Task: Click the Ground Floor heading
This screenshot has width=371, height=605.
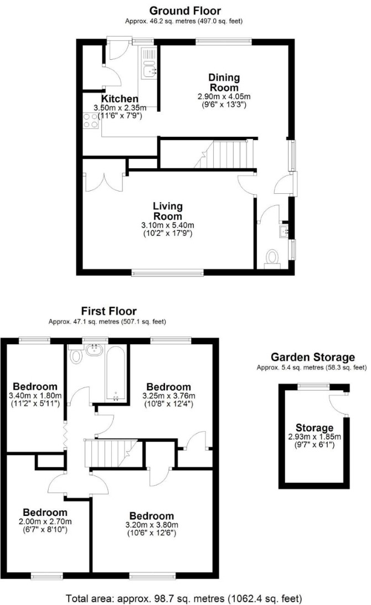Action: (x=185, y=11)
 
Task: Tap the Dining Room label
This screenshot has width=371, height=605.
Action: (x=224, y=82)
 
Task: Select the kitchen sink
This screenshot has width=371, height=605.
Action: (x=148, y=63)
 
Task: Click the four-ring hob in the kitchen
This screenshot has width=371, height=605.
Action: (x=91, y=120)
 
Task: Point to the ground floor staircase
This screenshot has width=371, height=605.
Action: (x=223, y=154)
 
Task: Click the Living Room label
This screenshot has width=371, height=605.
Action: (x=168, y=211)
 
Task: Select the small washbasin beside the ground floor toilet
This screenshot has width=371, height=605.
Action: (x=284, y=231)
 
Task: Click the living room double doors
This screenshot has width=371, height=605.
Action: (x=104, y=182)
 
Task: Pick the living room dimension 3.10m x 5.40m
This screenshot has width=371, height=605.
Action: (x=168, y=225)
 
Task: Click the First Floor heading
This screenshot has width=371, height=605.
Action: (x=109, y=311)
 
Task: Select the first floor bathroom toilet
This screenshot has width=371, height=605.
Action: (x=76, y=354)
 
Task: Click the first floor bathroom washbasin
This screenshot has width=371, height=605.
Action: (x=94, y=350)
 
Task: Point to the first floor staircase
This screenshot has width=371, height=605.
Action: (x=111, y=453)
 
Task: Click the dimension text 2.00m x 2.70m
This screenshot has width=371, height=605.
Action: (x=45, y=521)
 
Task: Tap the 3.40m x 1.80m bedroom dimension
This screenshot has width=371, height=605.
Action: (x=35, y=395)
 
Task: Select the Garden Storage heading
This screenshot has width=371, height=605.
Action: (x=313, y=357)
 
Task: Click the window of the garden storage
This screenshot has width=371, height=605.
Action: (x=313, y=385)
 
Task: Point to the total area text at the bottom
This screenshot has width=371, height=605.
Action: (x=184, y=598)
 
